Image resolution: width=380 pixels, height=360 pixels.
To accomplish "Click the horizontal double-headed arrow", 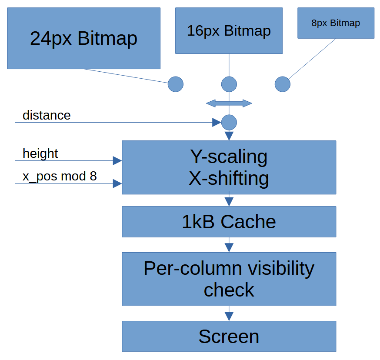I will tap(229, 103).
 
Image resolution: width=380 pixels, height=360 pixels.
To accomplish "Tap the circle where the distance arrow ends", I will tap(229, 123).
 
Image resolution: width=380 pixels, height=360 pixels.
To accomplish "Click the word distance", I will tap(47, 115).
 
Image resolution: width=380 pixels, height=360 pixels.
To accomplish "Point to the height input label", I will tap(40, 153).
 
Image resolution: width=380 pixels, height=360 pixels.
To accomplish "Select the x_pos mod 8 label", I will tap(60, 177).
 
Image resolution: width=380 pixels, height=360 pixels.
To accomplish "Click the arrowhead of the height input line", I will tap(117, 161).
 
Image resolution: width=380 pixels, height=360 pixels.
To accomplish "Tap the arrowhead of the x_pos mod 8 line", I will tap(117, 183).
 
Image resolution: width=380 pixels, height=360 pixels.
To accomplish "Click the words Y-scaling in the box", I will tap(229, 157).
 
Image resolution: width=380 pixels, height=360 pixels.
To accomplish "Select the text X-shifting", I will tap(229, 179).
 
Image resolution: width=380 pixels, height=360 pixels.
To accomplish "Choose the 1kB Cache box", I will tap(229, 222).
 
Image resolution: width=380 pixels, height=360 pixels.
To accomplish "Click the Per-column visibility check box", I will tap(229, 279).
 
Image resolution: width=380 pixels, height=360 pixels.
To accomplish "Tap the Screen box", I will tap(229, 337).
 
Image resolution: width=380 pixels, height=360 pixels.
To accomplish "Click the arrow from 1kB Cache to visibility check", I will tap(229, 245).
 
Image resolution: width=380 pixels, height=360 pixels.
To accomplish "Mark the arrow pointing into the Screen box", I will tap(229, 314).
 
